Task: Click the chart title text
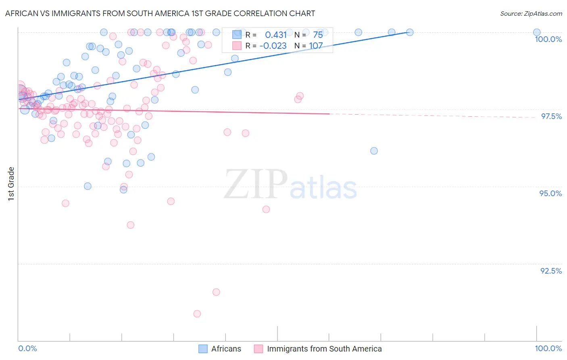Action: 160,13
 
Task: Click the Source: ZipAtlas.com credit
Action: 531,13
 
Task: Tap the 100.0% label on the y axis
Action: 548,39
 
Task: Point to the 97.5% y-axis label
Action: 551,116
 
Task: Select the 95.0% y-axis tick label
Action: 550,193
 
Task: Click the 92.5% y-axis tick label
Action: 551,271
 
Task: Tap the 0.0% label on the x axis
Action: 27,348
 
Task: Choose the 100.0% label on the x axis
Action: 548,348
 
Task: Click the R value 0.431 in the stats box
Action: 276,35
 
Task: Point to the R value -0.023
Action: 273,46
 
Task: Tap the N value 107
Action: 316,46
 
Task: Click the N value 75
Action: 318,35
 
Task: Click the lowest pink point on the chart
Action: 197,314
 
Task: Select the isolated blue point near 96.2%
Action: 374,151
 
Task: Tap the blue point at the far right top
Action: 537,32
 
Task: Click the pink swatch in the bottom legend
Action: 258,349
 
